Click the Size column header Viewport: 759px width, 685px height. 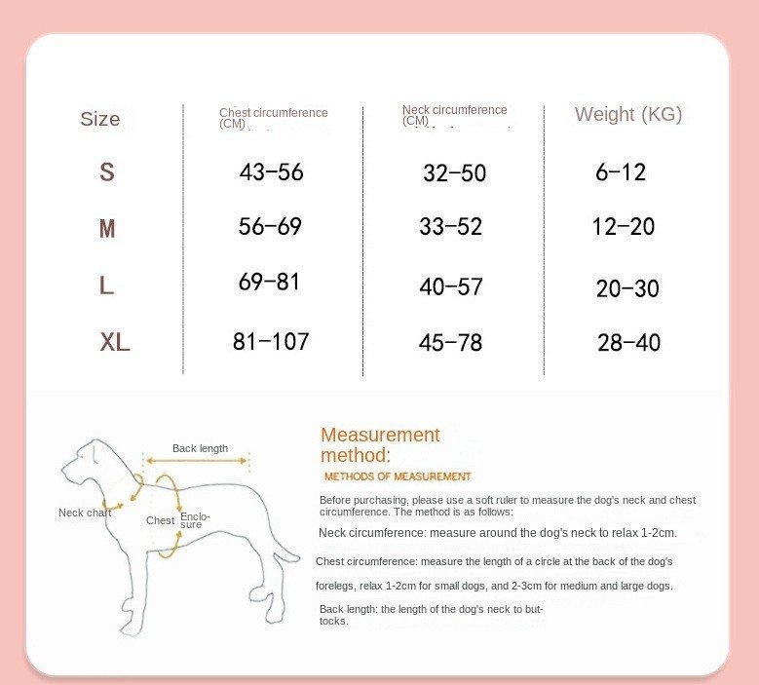point(100,119)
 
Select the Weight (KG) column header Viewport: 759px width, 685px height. point(628,114)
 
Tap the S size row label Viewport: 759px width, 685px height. point(107,172)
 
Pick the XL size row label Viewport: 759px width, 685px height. point(115,343)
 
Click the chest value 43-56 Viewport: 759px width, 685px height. point(272,172)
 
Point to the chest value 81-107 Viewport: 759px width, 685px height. point(271,342)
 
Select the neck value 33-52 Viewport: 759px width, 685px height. point(451,227)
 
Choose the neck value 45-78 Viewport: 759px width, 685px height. point(450,343)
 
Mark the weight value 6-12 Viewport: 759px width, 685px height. point(621,172)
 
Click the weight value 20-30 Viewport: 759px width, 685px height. point(627,288)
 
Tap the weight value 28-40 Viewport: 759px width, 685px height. point(628,343)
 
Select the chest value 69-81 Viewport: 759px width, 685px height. point(269,283)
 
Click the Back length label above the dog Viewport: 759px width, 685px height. point(200,448)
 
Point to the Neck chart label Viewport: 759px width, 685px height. point(85,513)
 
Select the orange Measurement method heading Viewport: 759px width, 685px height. point(380,444)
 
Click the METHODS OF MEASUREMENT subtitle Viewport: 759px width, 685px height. point(398,476)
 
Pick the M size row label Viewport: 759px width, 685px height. point(107,229)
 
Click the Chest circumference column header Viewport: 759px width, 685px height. point(273,117)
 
